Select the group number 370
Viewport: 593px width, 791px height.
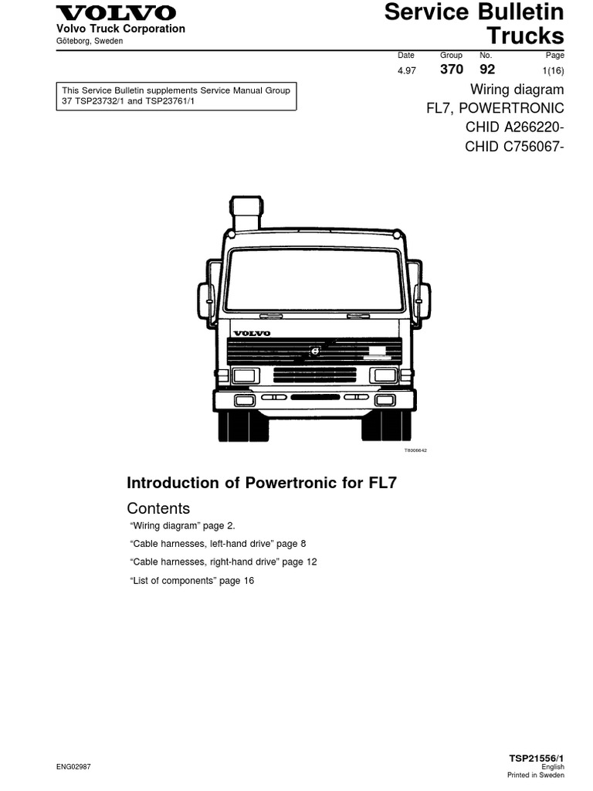(452, 70)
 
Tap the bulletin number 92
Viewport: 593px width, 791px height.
(487, 70)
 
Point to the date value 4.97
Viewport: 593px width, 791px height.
(406, 70)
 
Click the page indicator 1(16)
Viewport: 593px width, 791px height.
(554, 70)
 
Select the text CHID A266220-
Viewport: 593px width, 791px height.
(514, 127)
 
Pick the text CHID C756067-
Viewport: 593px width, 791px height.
(514, 146)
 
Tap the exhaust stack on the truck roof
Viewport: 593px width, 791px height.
(246, 212)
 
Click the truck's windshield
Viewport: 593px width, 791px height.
(315, 279)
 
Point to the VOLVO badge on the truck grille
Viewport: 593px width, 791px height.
(252, 333)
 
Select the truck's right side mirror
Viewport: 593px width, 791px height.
(422, 300)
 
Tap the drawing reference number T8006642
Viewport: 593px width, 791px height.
(415, 450)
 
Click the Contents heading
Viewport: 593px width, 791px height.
(158, 508)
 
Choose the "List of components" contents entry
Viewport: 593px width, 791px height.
(191, 580)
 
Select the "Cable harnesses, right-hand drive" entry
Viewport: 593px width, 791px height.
(223, 562)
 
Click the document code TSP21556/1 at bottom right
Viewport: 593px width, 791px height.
(537, 759)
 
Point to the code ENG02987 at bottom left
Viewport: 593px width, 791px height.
(74, 767)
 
